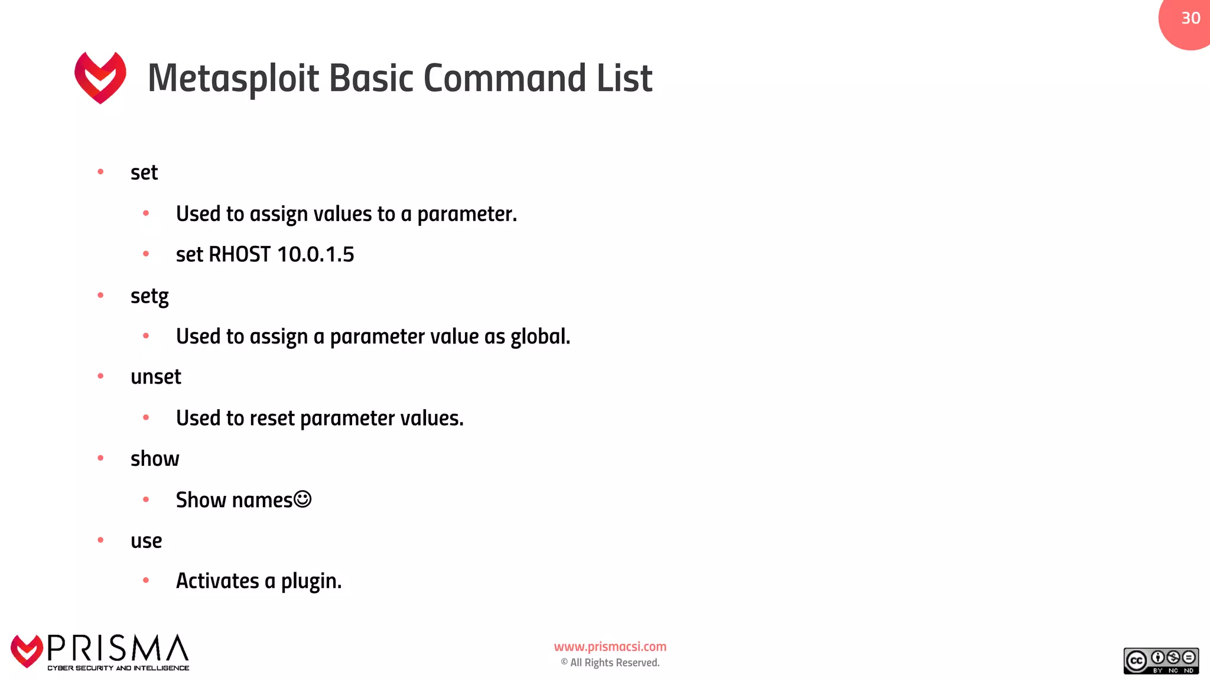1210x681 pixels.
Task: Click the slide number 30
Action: tap(1191, 18)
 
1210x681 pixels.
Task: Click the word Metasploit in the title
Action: tap(233, 79)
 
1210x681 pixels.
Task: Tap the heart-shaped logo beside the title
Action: tap(100, 77)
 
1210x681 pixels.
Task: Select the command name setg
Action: tap(149, 296)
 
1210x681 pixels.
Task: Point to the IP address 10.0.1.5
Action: tap(315, 255)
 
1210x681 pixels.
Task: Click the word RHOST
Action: tap(240, 255)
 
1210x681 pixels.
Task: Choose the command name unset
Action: tap(156, 377)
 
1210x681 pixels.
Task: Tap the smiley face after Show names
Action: tap(302, 500)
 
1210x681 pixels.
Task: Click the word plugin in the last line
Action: tap(311, 582)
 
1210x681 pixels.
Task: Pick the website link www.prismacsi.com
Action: tap(610, 647)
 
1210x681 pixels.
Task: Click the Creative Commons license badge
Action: tap(1161, 661)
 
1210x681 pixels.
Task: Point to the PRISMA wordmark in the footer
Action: tap(118, 649)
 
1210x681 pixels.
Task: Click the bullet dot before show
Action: tap(100, 458)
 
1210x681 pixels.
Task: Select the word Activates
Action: tap(217, 582)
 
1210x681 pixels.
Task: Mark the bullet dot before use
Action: tap(100, 540)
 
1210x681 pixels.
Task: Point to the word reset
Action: tap(272, 419)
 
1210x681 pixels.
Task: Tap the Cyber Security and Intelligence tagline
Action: tap(118, 668)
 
